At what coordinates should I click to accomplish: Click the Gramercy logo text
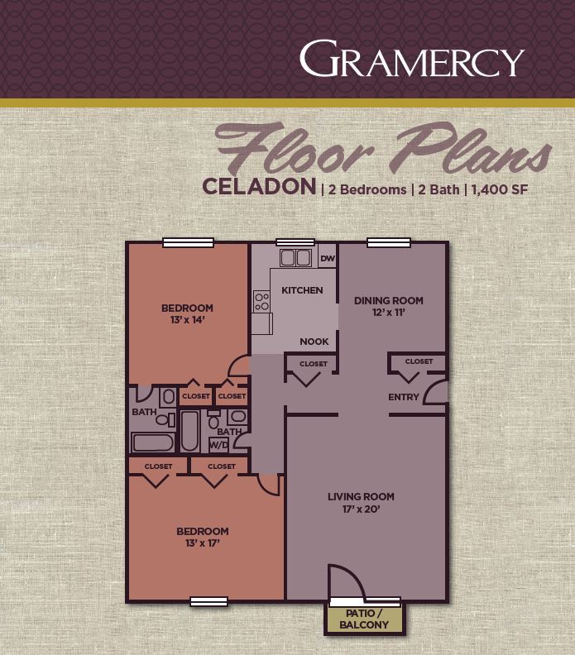pyautogui.click(x=411, y=60)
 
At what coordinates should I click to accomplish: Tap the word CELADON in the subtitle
pyautogui.click(x=259, y=186)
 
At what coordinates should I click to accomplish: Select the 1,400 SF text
pyautogui.click(x=499, y=189)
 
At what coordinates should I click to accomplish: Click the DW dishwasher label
pyautogui.click(x=327, y=258)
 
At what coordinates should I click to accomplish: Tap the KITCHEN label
pyautogui.click(x=302, y=290)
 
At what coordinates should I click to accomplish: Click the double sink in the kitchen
pyautogui.click(x=295, y=257)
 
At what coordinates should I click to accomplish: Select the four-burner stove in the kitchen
pyautogui.click(x=262, y=301)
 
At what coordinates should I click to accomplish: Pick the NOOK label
pyautogui.click(x=314, y=342)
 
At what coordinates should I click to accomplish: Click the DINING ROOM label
pyautogui.click(x=389, y=300)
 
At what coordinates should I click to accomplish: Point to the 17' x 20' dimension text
pyautogui.click(x=361, y=509)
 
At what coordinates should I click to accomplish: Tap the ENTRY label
pyautogui.click(x=403, y=398)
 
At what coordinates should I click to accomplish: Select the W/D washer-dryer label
pyautogui.click(x=218, y=445)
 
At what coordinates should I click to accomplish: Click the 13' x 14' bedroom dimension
pyautogui.click(x=187, y=320)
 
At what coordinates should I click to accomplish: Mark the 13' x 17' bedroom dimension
pyautogui.click(x=202, y=543)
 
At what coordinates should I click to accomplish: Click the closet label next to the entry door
pyautogui.click(x=419, y=361)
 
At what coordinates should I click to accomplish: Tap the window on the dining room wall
pyautogui.click(x=391, y=242)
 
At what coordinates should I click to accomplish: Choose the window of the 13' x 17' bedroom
pyautogui.click(x=208, y=601)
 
